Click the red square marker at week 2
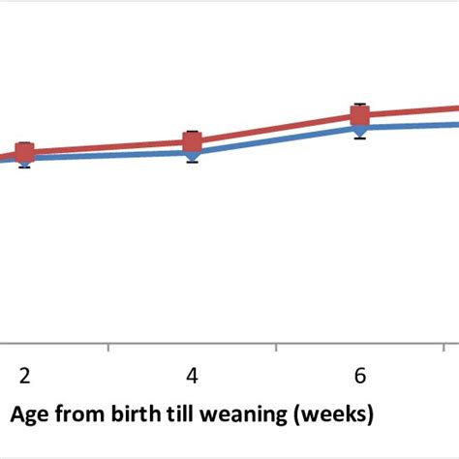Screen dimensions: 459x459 click(x=24, y=152)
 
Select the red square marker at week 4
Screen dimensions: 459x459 click(x=192, y=142)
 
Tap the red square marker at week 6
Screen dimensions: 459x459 click(x=360, y=116)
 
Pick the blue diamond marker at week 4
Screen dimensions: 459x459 click(x=192, y=153)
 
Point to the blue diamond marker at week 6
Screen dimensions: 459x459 click(x=360, y=129)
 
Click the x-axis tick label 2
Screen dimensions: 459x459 click(x=24, y=375)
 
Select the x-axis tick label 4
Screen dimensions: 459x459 click(x=192, y=375)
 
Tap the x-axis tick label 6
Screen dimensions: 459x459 click(x=360, y=375)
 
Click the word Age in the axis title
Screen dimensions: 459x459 click(x=29, y=414)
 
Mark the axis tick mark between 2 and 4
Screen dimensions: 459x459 click(x=108, y=348)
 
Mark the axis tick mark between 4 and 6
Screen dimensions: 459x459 click(x=277, y=348)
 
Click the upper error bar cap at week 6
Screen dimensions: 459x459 click(x=360, y=104)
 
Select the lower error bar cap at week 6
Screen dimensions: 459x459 click(x=360, y=139)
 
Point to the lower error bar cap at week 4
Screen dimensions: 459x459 click(x=192, y=162)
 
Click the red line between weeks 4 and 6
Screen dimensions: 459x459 click(x=276, y=129)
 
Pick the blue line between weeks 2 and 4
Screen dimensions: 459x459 click(x=108, y=155)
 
